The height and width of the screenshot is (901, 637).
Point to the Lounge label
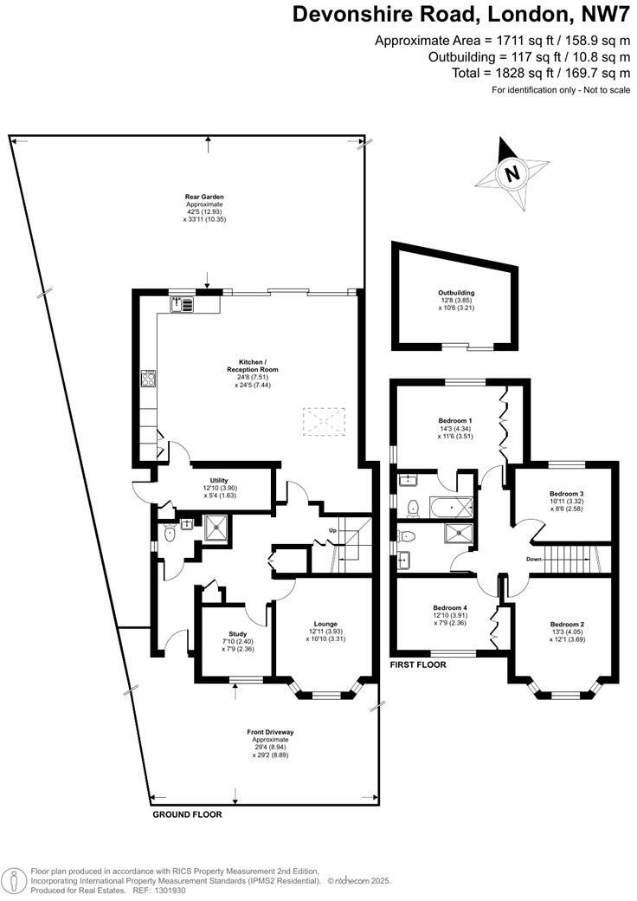(x=325, y=624)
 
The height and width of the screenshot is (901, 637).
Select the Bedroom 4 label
(x=449, y=608)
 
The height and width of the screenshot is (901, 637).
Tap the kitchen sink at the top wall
(x=183, y=303)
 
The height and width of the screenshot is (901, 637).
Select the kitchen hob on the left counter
(x=148, y=379)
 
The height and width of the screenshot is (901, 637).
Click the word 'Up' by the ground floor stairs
(x=331, y=529)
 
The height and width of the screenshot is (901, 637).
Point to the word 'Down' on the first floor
(x=534, y=559)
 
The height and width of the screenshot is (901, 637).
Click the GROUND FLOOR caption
(x=187, y=814)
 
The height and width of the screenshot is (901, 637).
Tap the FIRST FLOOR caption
(x=417, y=665)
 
